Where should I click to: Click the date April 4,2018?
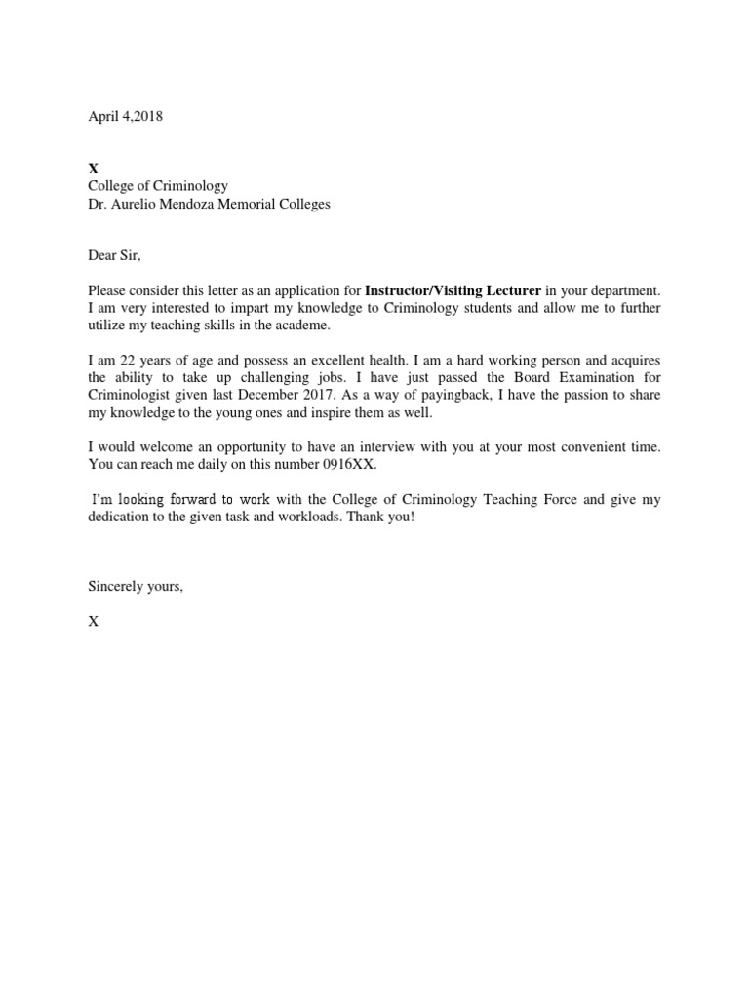tap(125, 116)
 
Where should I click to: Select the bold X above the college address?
tap(93, 169)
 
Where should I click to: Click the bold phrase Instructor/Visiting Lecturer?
tap(453, 290)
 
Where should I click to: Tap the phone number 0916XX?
tap(351, 465)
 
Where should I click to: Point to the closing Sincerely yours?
tap(136, 587)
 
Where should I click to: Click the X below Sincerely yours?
tap(93, 622)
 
